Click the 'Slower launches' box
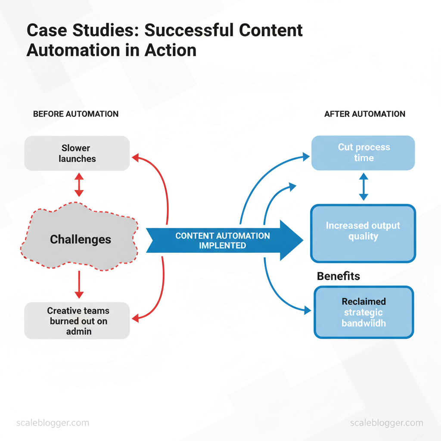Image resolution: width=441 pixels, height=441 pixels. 77,153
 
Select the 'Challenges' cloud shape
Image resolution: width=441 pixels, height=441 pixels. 80,239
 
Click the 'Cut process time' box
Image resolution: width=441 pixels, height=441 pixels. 363,153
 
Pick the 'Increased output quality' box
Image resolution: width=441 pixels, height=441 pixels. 363,233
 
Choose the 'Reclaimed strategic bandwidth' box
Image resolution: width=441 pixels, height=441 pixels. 364,312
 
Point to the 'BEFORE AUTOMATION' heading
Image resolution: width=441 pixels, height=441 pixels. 76,114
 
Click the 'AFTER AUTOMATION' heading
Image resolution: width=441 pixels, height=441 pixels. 364,114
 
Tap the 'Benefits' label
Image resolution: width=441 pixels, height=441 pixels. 338,276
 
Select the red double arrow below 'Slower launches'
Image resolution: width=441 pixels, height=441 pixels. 78,185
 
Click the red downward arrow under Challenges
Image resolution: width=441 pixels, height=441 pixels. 79,285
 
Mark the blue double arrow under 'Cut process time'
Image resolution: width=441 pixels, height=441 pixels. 363,186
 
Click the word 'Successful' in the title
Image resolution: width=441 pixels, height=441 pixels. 189,31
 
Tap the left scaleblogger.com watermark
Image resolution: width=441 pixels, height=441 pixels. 53,422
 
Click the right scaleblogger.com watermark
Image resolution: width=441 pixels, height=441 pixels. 387,422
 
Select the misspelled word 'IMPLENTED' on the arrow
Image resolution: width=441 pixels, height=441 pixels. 222,246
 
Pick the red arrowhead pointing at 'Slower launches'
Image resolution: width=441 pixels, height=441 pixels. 135,158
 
